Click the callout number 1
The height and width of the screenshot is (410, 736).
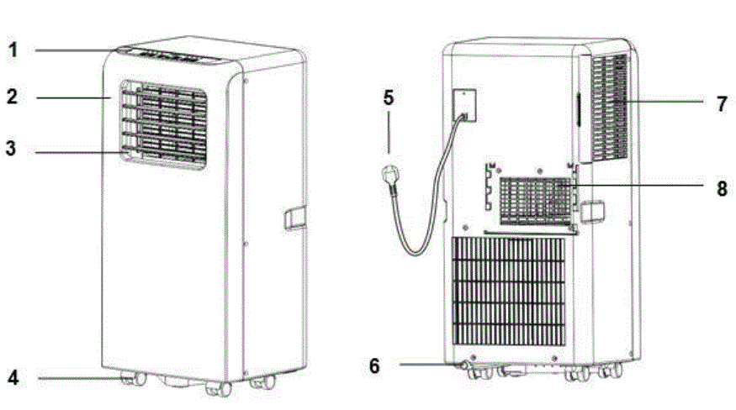point(13,50)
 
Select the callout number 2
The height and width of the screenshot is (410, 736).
point(12,97)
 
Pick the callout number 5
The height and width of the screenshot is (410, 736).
point(388,97)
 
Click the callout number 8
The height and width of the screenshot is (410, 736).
point(722,188)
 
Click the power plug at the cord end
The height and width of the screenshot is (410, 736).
point(392,176)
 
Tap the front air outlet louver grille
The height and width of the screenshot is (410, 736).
point(163,125)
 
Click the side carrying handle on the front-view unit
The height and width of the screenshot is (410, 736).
point(294,218)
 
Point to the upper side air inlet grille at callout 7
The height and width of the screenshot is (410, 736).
point(610,109)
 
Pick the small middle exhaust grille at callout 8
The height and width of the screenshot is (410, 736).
point(536,202)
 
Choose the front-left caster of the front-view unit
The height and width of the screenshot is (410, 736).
point(131,381)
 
